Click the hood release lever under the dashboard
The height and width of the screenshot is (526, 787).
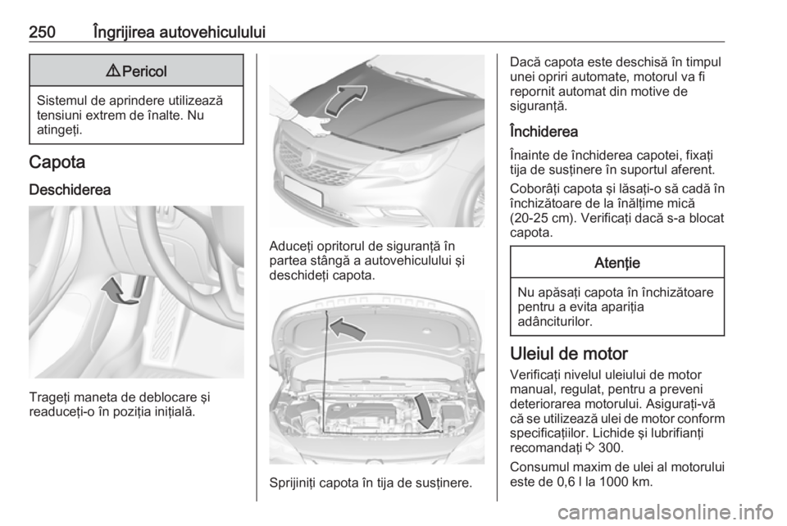[x=139, y=286]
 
